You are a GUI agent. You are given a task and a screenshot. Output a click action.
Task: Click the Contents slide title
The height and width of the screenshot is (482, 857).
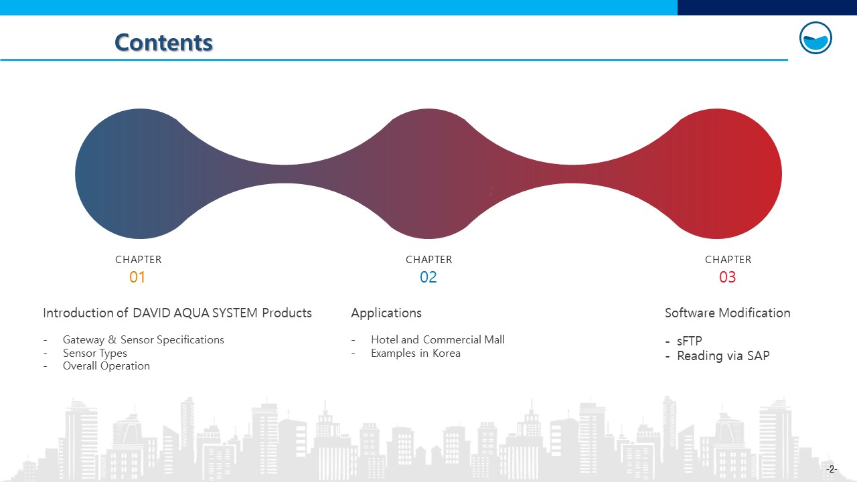163,42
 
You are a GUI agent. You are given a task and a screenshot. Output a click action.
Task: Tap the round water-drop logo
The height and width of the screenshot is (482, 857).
815,38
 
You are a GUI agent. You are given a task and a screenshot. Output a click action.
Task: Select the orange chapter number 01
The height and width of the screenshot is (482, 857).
137,277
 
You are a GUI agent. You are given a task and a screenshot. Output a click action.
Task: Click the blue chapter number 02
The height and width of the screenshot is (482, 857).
428,277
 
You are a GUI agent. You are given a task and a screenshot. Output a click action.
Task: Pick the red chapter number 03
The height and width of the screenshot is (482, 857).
727,277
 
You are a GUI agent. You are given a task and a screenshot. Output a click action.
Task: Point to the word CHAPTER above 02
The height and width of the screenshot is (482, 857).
429,260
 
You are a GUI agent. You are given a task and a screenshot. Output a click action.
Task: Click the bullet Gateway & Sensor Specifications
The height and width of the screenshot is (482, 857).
143,339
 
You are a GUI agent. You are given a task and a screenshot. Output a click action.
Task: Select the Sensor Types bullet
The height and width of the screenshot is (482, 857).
95,353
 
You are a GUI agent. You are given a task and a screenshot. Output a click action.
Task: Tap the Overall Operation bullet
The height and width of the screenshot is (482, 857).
106,366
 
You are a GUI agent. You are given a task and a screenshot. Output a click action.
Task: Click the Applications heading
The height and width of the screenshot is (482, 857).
386,313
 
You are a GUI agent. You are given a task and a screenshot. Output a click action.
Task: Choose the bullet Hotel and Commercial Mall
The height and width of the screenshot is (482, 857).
438,339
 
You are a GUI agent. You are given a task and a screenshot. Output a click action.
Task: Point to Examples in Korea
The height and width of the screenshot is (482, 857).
416,353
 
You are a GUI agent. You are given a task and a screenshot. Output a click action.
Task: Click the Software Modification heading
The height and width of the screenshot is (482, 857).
727,313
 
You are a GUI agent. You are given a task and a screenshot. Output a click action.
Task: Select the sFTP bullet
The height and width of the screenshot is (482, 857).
690,341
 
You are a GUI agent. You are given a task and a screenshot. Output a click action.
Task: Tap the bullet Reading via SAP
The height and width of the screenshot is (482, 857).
723,355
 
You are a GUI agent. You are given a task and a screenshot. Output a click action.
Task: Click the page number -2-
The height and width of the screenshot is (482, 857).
832,469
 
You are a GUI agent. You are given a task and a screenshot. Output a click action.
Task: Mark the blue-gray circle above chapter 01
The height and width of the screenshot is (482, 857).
140,173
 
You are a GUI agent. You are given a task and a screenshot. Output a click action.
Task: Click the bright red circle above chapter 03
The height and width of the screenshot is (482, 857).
716,173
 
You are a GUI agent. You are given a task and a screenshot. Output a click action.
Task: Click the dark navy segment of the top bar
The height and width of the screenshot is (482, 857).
767,7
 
